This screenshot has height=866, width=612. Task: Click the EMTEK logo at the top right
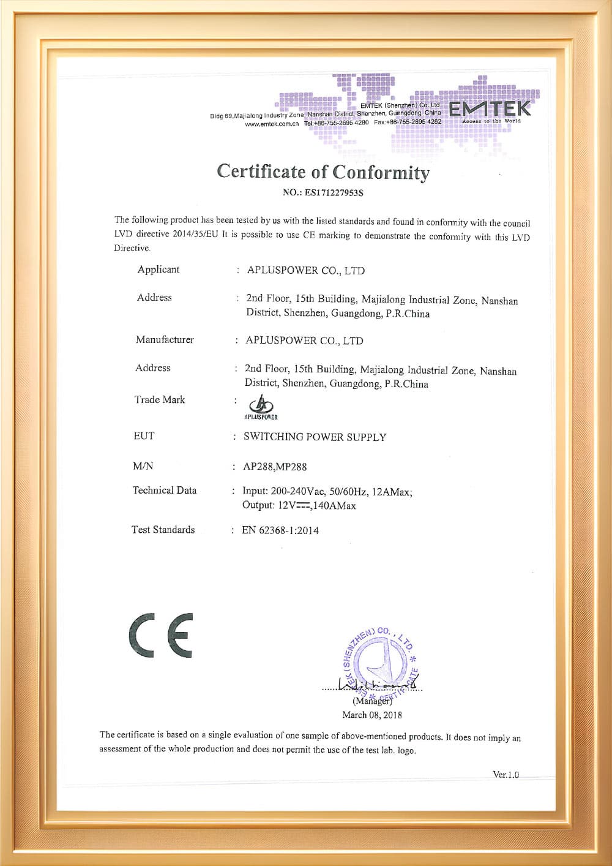pyautogui.click(x=490, y=110)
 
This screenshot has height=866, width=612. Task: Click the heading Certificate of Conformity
pyautogui.click(x=323, y=171)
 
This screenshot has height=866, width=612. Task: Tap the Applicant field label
pyautogui.click(x=159, y=269)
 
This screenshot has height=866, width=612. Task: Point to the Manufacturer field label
pyautogui.click(x=165, y=339)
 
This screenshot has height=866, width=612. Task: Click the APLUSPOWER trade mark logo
pyautogui.click(x=261, y=407)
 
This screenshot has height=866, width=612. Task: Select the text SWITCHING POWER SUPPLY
pyautogui.click(x=315, y=437)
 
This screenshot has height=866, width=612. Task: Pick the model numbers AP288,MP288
pyautogui.click(x=275, y=467)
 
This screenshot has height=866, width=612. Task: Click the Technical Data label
pyautogui.click(x=165, y=491)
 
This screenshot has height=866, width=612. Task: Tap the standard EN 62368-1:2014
pyautogui.click(x=280, y=530)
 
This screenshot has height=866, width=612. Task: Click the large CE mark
pyautogui.click(x=161, y=635)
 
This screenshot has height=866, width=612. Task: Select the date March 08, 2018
pyautogui.click(x=372, y=715)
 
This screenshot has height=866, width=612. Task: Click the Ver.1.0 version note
pyautogui.click(x=506, y=775)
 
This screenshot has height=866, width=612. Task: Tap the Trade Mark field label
pyautogui.click(x=160, y=400)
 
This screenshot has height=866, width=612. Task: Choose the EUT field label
pyautogui.click(x=144, y=436)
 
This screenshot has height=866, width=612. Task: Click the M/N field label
pyautogui.click(x=143, y=466)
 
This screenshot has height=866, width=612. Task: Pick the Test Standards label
pyautogui.click(x=163, y=530)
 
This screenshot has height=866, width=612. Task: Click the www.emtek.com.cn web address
pyautogui.click(x=272, y=124)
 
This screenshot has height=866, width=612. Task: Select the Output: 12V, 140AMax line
pyautogui.click(x=299, y=506)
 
